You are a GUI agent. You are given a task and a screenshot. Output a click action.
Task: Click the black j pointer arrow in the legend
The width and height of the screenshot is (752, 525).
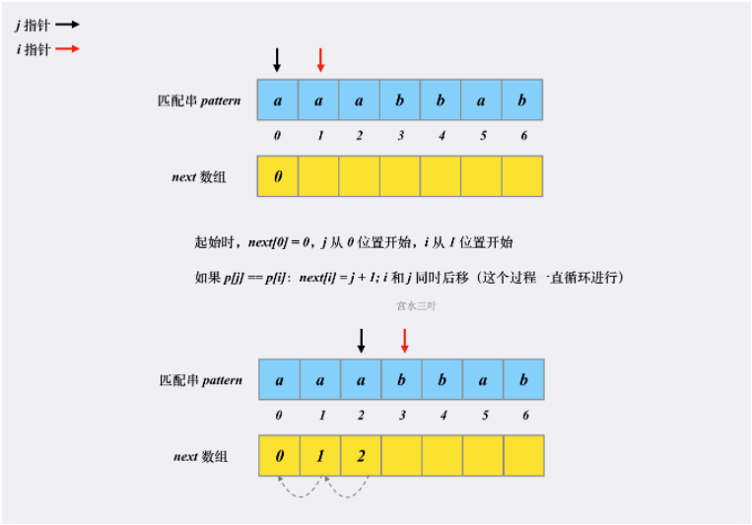68,26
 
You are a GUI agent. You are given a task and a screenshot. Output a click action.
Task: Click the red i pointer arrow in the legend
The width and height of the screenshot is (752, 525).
68,48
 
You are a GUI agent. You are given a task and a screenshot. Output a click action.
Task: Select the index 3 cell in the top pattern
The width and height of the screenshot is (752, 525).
400,100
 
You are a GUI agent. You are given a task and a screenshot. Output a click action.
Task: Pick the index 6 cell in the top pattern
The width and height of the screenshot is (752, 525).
522,100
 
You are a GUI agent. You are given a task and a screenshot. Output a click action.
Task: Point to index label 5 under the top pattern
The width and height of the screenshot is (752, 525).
482,136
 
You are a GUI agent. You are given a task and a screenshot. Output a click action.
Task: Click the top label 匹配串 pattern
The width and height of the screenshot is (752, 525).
198,100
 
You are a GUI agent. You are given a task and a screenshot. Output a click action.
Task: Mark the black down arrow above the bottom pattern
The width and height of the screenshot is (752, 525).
361,340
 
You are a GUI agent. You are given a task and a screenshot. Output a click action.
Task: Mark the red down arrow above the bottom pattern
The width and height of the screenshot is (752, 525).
404,340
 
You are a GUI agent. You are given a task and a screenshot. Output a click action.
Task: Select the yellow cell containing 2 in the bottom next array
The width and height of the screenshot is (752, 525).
362,456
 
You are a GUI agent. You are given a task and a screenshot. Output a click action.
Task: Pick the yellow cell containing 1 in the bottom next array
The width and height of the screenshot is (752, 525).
320,456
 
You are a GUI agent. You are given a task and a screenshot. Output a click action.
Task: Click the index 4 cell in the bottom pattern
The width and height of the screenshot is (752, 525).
442,380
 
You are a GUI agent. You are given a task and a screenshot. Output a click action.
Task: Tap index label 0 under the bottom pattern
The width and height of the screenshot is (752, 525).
279,416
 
